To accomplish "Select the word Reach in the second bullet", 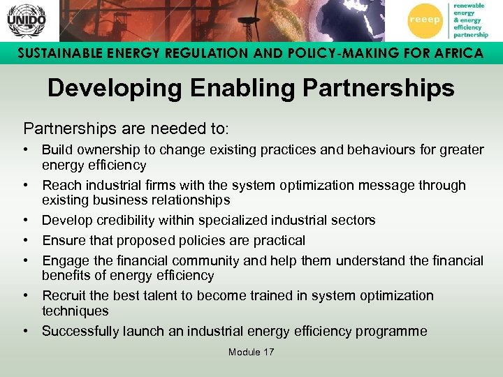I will coord(60,185).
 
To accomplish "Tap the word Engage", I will coord(64,261).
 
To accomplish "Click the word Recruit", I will coord(64,296).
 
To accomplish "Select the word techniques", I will coord(75,311).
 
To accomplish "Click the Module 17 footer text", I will coord(251,352).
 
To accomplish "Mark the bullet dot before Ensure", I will coord(25,241).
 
